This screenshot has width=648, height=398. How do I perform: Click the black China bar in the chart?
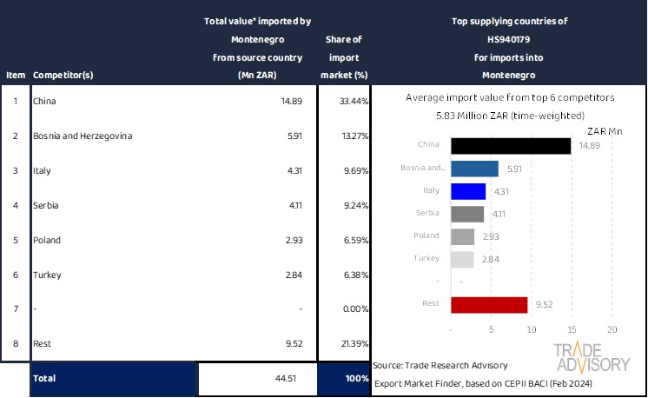point(511,146)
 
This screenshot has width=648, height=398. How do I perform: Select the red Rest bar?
point(490,304)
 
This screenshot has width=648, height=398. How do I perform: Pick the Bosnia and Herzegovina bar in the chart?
point(475,169)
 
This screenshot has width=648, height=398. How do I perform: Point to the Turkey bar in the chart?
point(463,259)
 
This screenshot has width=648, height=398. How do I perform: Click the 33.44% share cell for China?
point(344,101)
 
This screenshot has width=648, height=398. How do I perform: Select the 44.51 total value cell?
point(257,378)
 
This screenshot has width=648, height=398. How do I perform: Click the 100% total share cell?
point(344,378)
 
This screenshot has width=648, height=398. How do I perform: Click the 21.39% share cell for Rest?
point(344,344)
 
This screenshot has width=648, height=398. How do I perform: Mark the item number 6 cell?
point(15,275)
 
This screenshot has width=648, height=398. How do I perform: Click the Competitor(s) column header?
point(63,75)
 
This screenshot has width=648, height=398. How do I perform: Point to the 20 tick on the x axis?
point(612,330)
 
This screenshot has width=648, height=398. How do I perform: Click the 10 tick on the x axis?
point(532,330)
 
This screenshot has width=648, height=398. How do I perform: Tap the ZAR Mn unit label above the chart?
point(605,130)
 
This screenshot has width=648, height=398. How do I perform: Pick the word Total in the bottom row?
point(45,378)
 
